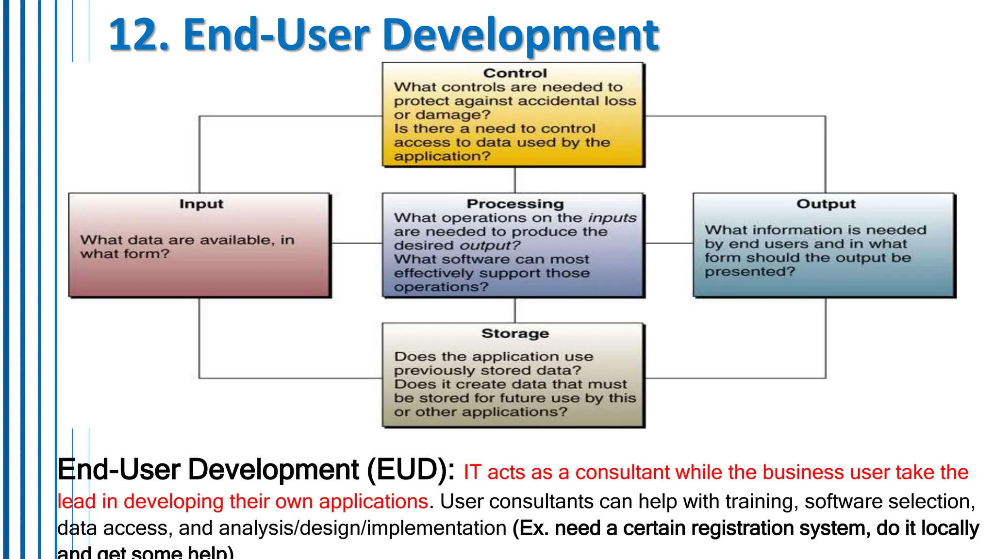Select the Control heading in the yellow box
coord(515,73)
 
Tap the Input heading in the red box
coord(201,204)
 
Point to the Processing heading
coord(515,204)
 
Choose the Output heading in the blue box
coord(826,204)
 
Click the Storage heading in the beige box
coord(515,334)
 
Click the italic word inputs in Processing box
coord(612,218)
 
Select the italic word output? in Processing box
coord(490,246)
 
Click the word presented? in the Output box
coord(750,272)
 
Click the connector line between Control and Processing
coord(515,180)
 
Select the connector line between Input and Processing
coord(357,243)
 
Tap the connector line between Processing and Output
coord(669,243)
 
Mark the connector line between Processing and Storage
coord(515,311)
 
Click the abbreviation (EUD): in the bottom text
coord(411,470)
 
